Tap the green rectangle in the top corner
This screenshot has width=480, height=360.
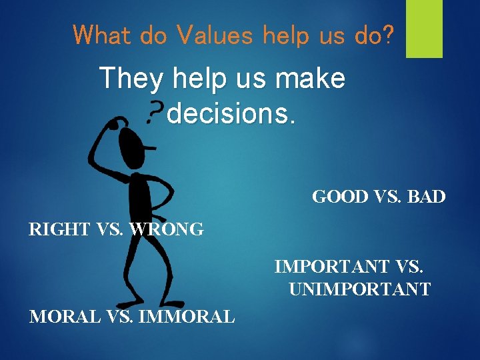coord(424,29)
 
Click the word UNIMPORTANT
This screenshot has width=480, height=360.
coord(360,290)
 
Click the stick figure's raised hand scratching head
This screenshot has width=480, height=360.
coord(117,123)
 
